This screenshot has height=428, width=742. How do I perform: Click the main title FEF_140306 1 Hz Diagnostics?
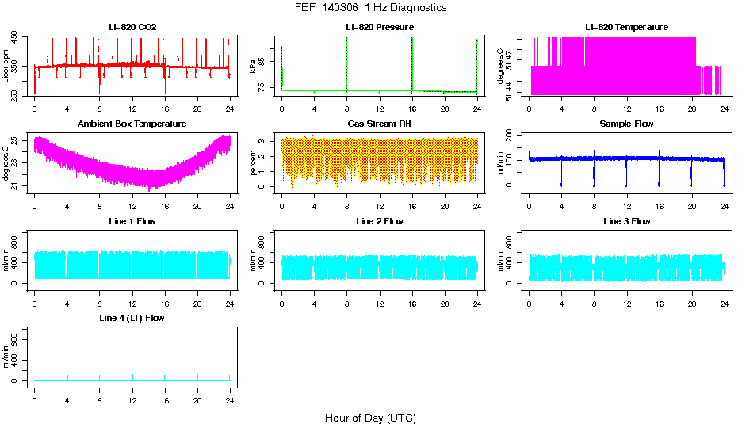(x=370, y=8)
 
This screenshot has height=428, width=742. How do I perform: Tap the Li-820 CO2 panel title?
(x=132, y=28)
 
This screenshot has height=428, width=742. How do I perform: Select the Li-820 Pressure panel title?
(x=379, y=28)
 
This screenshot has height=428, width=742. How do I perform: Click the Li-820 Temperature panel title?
(x=626, y=28)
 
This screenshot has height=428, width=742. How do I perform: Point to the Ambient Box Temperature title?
(x=132, y=124)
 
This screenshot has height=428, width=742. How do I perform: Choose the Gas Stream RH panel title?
(x=379, y=124)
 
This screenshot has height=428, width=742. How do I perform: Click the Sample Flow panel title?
(x=626, y=124)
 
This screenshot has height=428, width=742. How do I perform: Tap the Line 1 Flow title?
(x=132, y=221)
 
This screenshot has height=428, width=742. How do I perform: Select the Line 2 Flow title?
(x=379, y=221)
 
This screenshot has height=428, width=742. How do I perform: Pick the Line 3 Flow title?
(x=626, y=221)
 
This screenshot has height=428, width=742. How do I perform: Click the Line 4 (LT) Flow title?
(x=132, y=318)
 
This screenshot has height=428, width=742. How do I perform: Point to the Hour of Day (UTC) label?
(x=370, y=418)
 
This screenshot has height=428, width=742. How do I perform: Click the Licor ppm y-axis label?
(x=6, y=67)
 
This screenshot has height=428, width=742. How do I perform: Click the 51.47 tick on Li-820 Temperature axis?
(x=511, y=52)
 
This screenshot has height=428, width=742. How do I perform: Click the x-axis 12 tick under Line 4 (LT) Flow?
(x=132, y=391)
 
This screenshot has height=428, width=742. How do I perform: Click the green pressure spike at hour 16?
(x=412, y=63)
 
